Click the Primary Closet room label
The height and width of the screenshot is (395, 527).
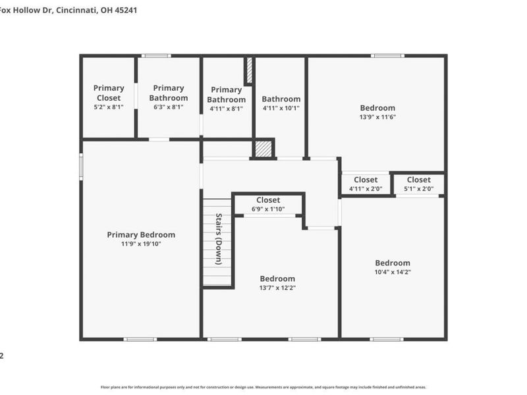pos(109,93)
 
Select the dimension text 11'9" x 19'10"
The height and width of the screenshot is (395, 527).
pos(141,244)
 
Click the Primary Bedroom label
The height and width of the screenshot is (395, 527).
pos(141,234)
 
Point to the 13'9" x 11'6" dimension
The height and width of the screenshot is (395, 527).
pos(377,117)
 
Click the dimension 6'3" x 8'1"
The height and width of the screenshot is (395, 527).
pos(169,107)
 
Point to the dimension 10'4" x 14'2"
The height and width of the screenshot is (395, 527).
pos(393,272)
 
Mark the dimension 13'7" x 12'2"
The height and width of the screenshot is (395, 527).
pos(277,288)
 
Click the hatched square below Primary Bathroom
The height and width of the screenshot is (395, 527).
pos(263,149)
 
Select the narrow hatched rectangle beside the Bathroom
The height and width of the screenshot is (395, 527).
pos(249,70)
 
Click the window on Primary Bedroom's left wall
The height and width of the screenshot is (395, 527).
pos(81,167)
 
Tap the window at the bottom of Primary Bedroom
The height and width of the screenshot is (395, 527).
pos(140,339)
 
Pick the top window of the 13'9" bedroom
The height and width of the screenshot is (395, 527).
pos(387,56)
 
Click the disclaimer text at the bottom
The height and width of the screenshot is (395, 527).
pos(263,387)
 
